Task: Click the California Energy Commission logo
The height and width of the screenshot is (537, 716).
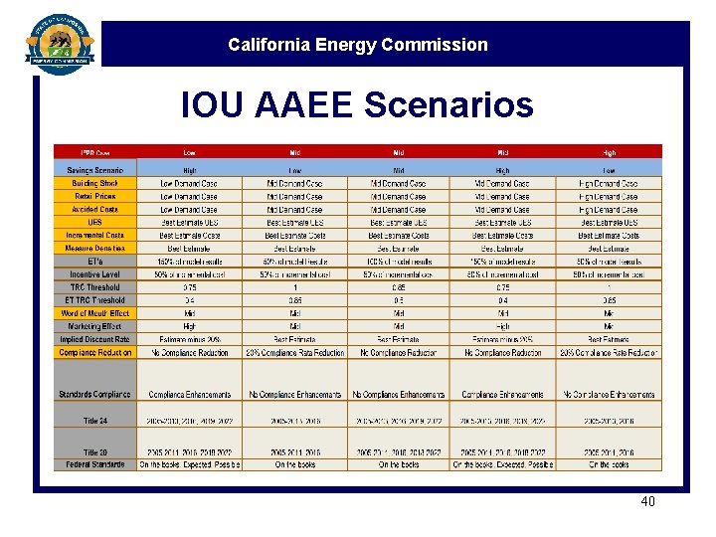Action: (59, 44)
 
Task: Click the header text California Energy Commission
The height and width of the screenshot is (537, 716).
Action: (357, 45)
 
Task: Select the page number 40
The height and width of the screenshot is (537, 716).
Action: (647, 501)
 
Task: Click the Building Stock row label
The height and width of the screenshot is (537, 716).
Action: (94, 184)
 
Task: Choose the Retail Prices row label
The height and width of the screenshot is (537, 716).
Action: (94, 197)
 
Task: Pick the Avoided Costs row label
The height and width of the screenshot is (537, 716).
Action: (94, 210)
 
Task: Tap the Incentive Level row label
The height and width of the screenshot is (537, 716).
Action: (94, 274)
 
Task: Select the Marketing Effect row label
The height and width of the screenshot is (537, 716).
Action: (94, 326)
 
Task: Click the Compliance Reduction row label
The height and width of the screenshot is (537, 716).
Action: (94, 352)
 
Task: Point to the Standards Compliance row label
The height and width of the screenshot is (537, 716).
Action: (94, 395)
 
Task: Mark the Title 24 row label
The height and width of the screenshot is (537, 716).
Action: (94, 421)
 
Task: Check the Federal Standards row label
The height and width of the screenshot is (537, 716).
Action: (94, 464)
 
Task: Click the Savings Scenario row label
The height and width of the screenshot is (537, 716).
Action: (94, 170)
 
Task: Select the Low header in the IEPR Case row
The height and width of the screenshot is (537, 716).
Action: (189, 152)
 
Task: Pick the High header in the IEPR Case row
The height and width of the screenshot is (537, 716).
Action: (609, 152)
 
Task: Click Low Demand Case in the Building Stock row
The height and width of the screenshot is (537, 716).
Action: (189, 184)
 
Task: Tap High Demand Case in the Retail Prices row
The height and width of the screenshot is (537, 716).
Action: (609, 197)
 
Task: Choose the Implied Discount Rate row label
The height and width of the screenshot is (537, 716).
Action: (94, 339)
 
